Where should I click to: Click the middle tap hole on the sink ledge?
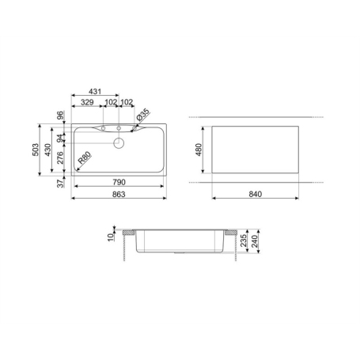pyautogui.click(x=119, y=127)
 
